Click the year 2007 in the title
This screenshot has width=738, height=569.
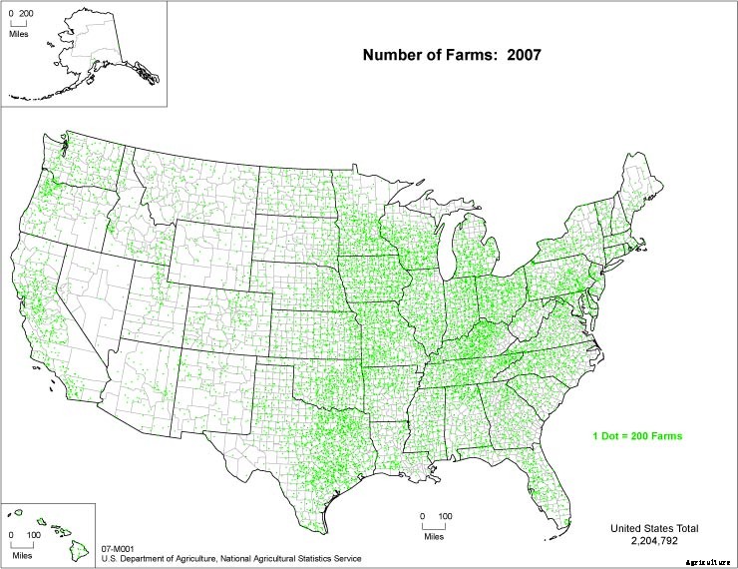coord(522,56)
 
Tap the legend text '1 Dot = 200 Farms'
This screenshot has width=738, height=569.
coord(637,437)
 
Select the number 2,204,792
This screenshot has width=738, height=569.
coord(653,540)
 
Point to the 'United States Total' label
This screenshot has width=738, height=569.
coord(654,527)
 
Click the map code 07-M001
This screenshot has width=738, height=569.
coord(118,548)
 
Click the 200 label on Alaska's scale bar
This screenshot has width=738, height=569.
coord(27,14)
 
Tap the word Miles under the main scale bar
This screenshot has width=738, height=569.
coord(433,537)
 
